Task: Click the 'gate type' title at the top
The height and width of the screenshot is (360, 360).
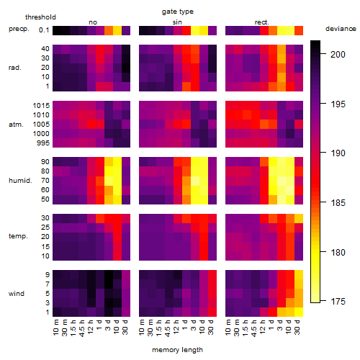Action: click(x=178, y=12)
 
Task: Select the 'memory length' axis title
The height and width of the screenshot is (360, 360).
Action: click(x=177, y=350)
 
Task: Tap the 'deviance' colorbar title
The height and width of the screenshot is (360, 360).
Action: click(x=341, y=29)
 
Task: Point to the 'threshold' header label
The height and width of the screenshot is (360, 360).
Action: click(x=40, y=17)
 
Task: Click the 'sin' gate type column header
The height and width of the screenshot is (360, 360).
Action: click(x=177, y=22)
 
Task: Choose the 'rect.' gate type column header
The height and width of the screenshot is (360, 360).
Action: click(x=262, y=22)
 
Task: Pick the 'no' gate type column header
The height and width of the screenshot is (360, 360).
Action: click(x=93, y=22)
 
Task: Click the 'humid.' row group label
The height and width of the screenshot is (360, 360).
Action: click(x=20, y=181)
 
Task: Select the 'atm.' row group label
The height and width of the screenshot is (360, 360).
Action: click(x=16, y=125)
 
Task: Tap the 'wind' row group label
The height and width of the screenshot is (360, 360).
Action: click(x=17, y=294)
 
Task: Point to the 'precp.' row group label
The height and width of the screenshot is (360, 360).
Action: click(x=19, y=29)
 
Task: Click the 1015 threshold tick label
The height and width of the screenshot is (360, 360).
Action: click(x=41, y=106)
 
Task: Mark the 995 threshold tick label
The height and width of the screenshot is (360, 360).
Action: click(x=43, y=143)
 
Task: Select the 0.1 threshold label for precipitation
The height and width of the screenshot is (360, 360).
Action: click(x=44, y=30)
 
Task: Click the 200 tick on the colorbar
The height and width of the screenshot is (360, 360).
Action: click(x=338, y=55)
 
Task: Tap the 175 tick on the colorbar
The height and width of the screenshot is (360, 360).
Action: click(x=338, y=302)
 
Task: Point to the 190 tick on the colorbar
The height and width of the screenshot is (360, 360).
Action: click(x=338, y=153)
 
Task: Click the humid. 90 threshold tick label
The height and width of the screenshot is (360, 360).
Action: click(x=45, y=162)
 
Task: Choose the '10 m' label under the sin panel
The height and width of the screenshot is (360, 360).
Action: click(x=142, y=327)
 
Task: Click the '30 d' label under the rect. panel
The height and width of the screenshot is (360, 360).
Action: click(x=297, y=327)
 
